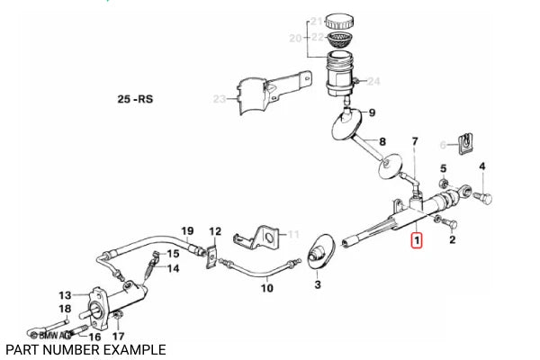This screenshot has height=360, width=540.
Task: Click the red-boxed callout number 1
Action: click(x=416, y=240)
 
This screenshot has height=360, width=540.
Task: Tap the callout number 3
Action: click(x=317, y=285)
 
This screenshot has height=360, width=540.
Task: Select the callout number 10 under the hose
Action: click(x=267, y=288)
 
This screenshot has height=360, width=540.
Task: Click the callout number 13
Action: click(x=64, y=294)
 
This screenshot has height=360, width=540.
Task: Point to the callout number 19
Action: click(x=188, y=230)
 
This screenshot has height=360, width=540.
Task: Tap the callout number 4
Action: click(x=481, y=166)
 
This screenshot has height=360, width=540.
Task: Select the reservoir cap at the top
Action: click(x=340, y=19)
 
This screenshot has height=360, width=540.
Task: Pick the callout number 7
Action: click(x=415, y=142)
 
